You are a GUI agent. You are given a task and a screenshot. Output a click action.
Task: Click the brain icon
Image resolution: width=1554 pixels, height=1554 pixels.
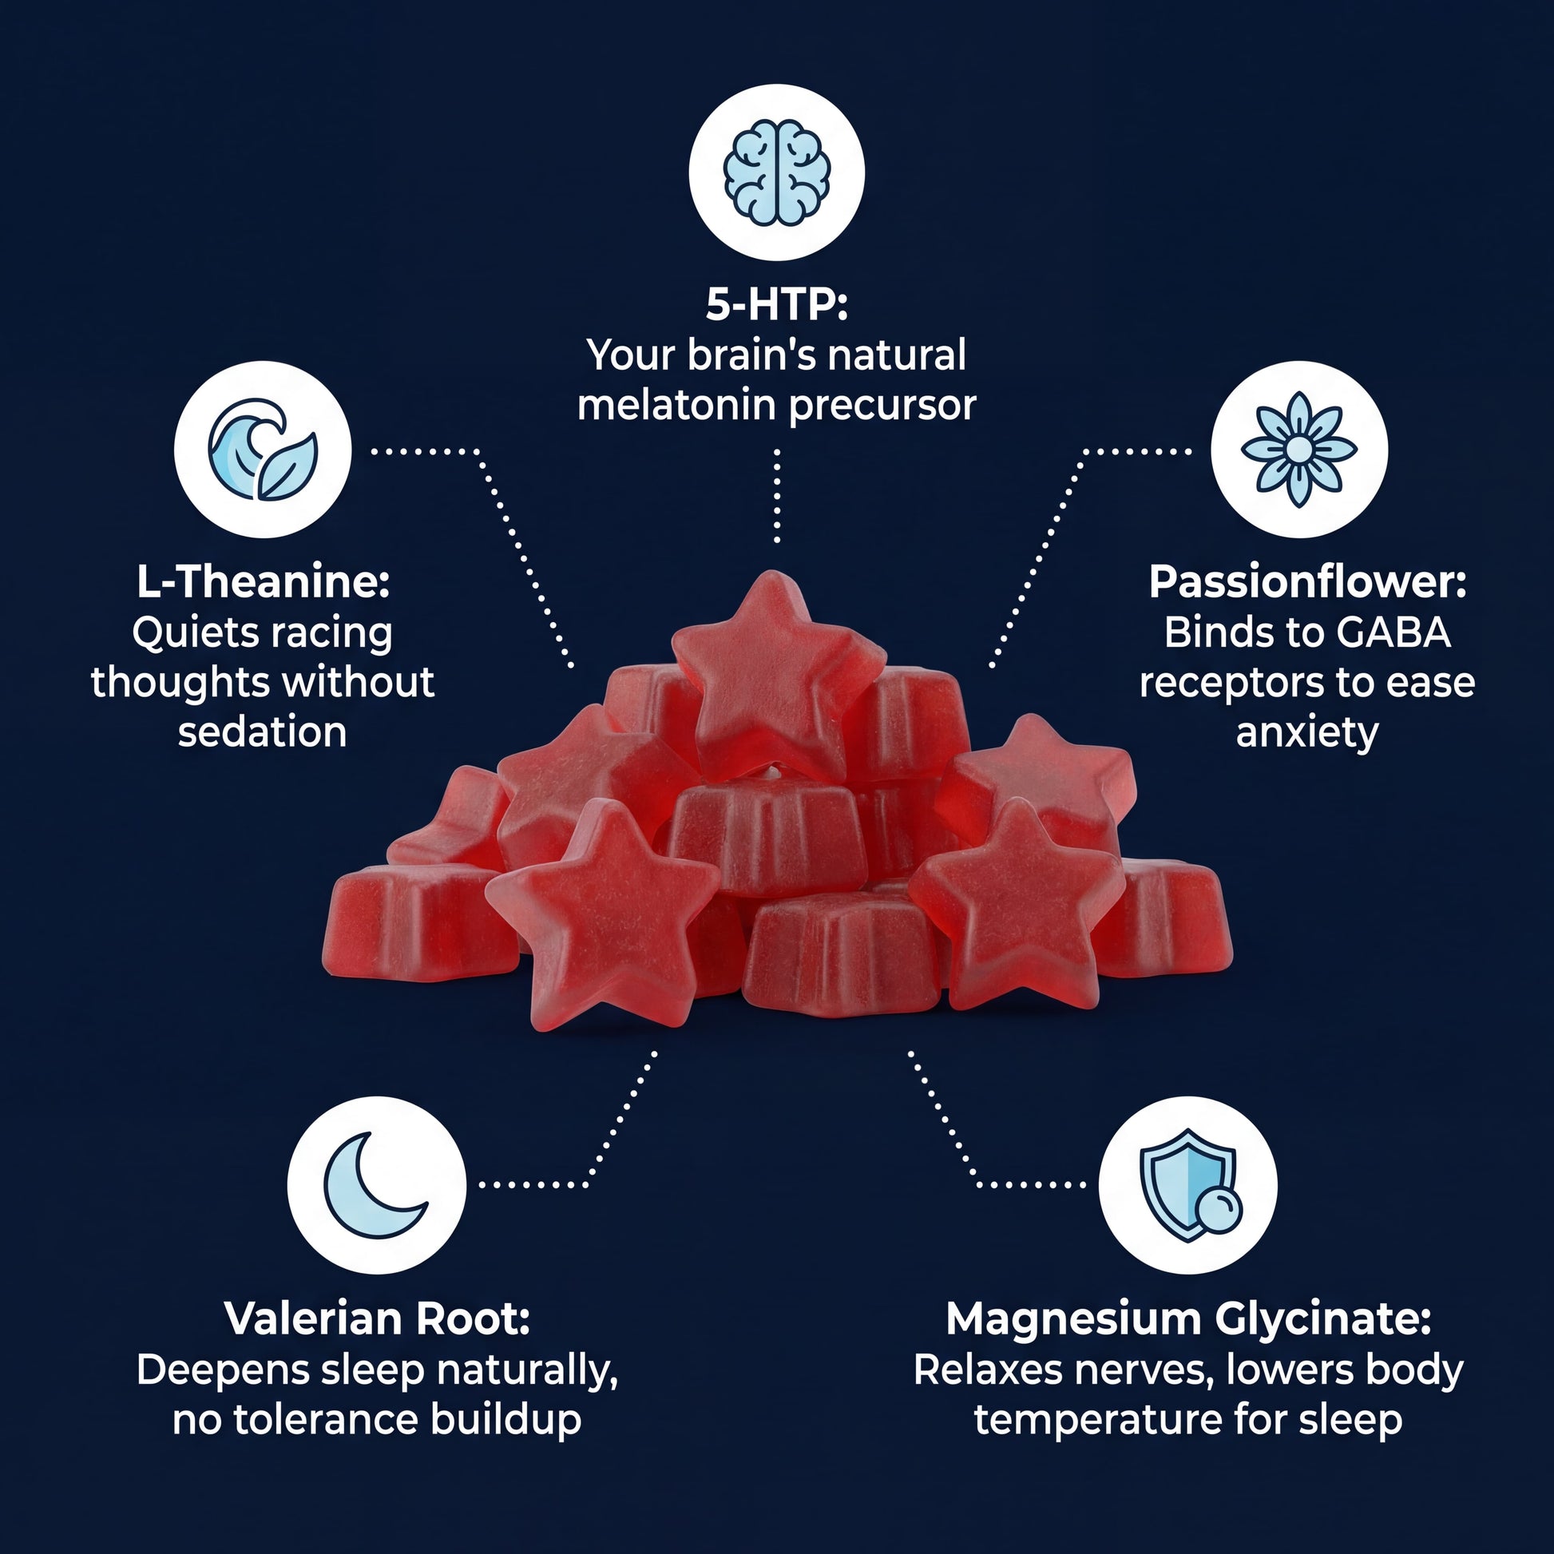[x=776, y=172]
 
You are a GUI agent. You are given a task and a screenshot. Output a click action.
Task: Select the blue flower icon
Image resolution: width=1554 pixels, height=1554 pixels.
[x=1298, y=449]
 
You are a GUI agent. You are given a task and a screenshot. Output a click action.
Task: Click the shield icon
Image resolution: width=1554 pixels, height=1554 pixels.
[x=1188, y=1186]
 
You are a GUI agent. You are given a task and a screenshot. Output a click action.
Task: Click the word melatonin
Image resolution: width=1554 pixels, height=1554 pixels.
[x=677, y=405]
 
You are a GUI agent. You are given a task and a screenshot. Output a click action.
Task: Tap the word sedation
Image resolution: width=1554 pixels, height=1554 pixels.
[x=262, y=732]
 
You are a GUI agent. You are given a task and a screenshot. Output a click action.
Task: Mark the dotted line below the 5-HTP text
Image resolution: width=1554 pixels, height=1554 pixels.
[x=777, y=495]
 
